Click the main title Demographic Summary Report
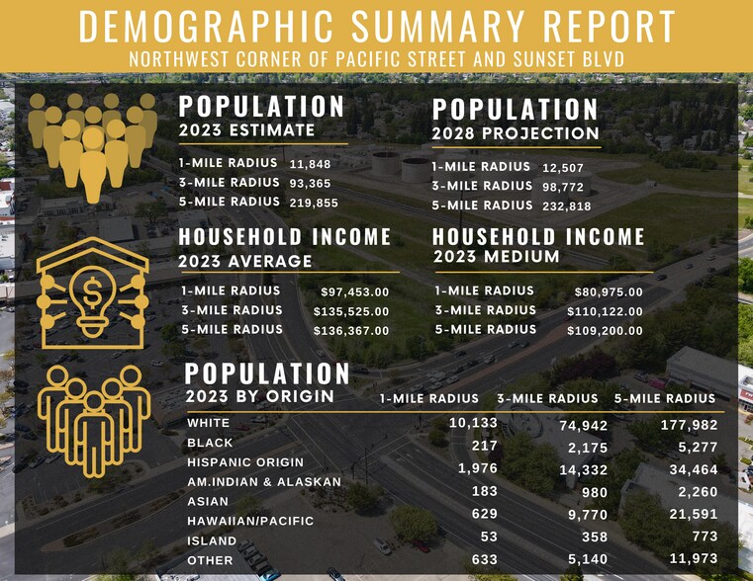pos(376,27)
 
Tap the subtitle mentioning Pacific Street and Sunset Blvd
pos(376,59)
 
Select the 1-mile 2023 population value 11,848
pos(311,164)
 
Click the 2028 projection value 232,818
pos(566,207)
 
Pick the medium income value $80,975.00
pos(609,292)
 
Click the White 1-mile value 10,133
pos(473,423)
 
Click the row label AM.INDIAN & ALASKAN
pos(264,481)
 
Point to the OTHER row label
pos(210,560)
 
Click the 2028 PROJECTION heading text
pos(516,133)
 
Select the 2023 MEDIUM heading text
pos(497,257)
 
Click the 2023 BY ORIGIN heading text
pos(259,397)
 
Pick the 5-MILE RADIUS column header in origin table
pos(664,398)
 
